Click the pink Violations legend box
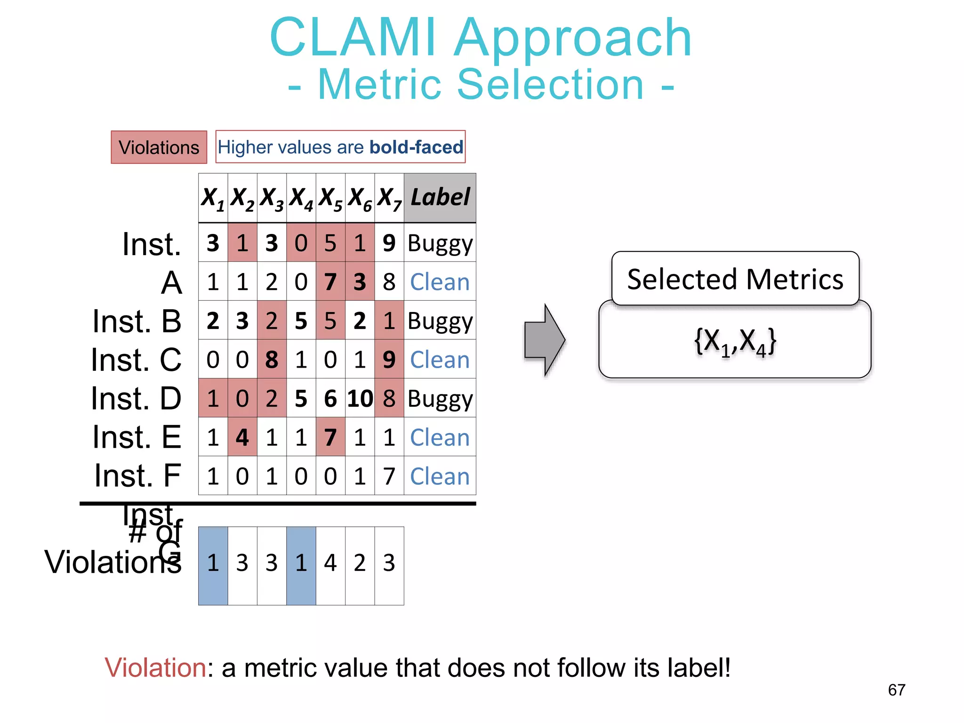[x=159, y=147]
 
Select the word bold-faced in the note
[x=416, y=147]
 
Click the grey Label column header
[x=440, y=198]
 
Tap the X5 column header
[x=330, y=198]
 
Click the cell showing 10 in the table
[x=360, y=399]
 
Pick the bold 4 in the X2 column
[x=242, y=437]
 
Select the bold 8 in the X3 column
[x=272, y=360]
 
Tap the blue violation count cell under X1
[x=213, y=565]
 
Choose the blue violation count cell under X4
[x=301, y=565]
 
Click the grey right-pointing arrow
[x=545, y=340]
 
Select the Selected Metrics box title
[x=735, y=279]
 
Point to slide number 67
[x=896, y=690]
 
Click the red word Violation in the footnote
[x=155, y=668]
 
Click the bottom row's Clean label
[x=440, y=476]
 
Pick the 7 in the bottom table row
[x=389, y=476]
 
